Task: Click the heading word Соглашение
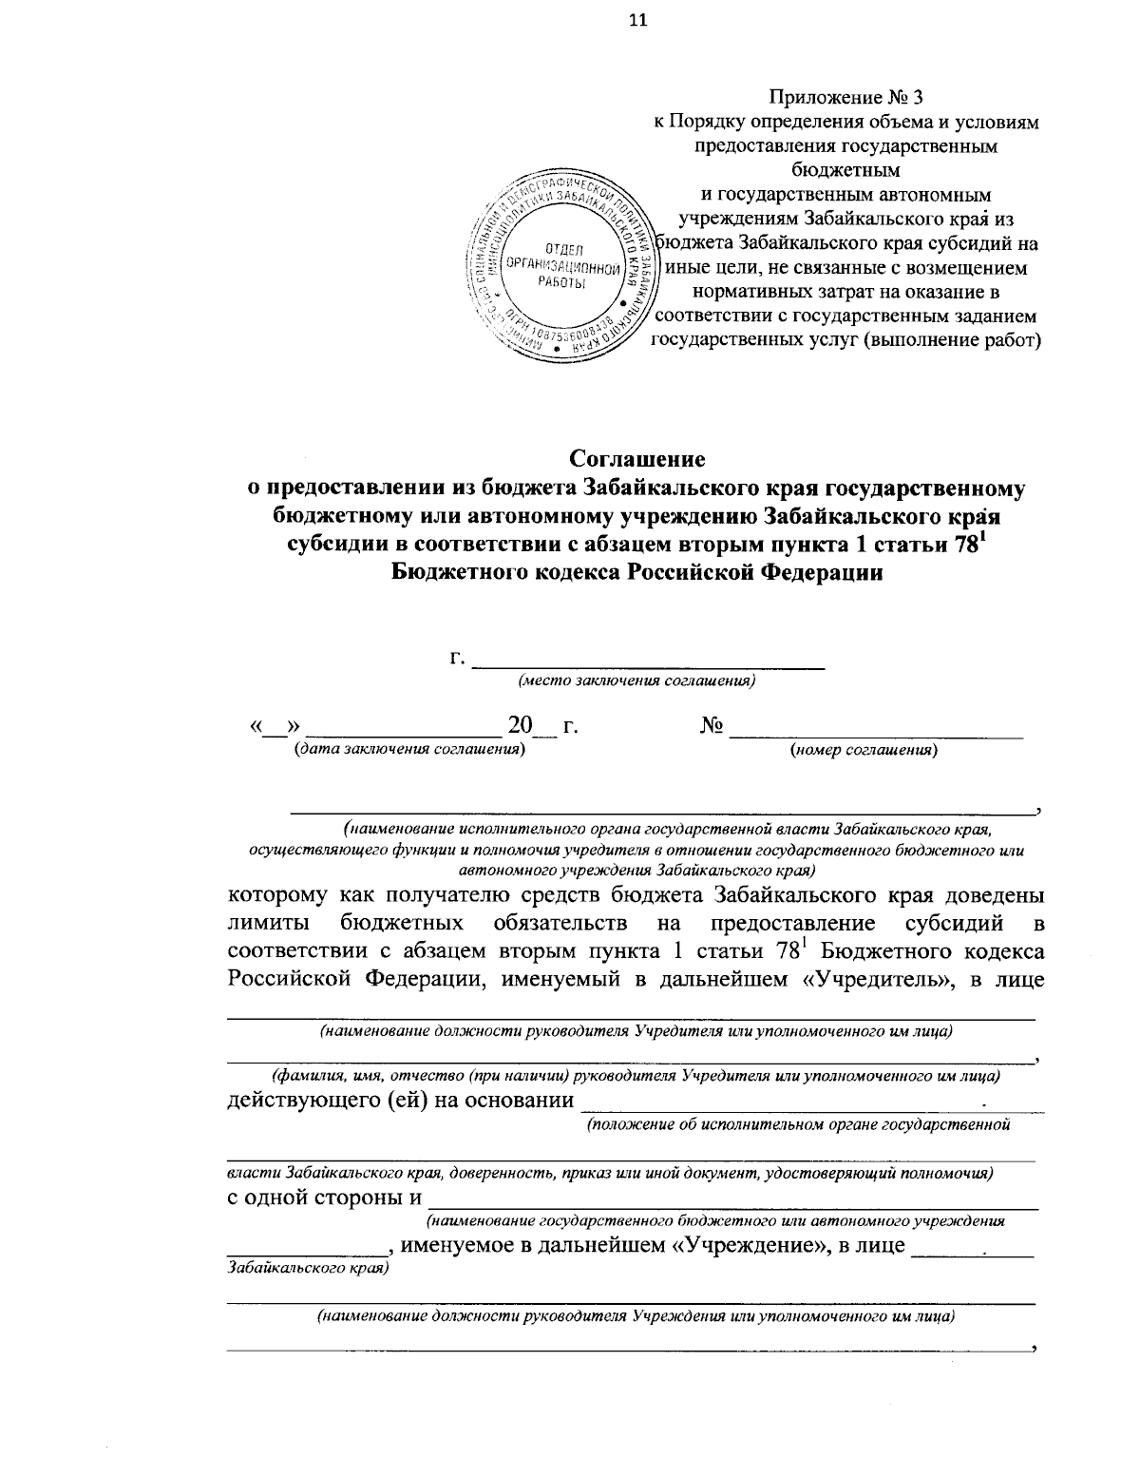click(636, 459)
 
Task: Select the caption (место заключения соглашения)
click(636, 680)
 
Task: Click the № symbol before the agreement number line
click(712, 726)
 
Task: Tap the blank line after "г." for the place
click(648, 661)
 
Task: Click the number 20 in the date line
click(522, 726)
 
